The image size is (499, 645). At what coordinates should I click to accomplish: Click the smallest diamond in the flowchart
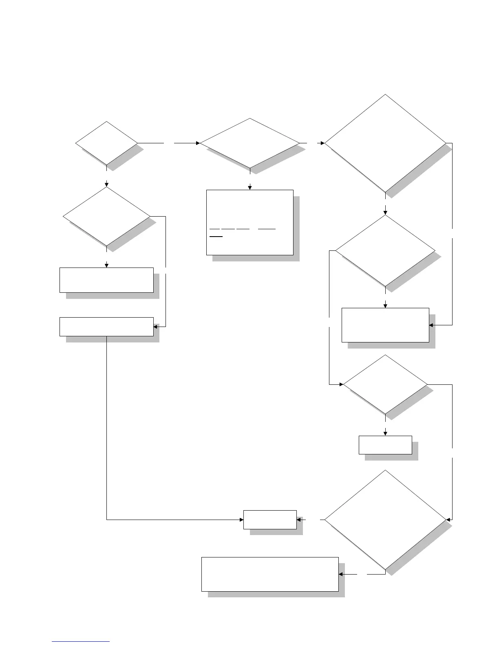click(106, 143)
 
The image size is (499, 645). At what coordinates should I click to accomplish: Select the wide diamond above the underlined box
click(249, 143)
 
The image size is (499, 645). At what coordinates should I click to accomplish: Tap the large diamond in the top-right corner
click(385, 143)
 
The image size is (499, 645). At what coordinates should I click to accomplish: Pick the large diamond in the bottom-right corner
click(385, 520)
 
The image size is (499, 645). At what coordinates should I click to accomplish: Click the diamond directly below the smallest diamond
click(106, 216)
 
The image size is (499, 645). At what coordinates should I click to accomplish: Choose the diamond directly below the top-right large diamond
click(385, 250)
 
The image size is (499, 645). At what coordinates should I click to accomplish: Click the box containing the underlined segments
click(249, 222)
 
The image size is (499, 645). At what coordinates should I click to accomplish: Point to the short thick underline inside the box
click(216, 236)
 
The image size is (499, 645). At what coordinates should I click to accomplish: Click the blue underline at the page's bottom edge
click(81, 642)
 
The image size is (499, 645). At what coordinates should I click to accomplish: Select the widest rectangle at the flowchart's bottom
click(270, 574)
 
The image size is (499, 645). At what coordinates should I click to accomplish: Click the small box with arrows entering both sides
click(270, 520)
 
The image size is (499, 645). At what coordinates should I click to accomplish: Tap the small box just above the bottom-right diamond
click(385, 445)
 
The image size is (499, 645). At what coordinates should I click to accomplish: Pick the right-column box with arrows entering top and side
click(385, 325)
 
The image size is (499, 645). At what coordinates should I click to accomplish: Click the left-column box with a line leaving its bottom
click(106, 327)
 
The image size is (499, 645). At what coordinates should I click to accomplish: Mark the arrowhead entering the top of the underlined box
click(250, 187)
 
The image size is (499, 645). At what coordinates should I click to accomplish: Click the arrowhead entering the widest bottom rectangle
click(341, 574)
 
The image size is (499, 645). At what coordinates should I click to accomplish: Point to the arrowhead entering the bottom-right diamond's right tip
click(449, 520)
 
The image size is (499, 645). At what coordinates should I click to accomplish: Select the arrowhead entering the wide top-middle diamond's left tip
click(198, 143)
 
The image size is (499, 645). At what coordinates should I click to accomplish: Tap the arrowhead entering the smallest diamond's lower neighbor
click(106, 184)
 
